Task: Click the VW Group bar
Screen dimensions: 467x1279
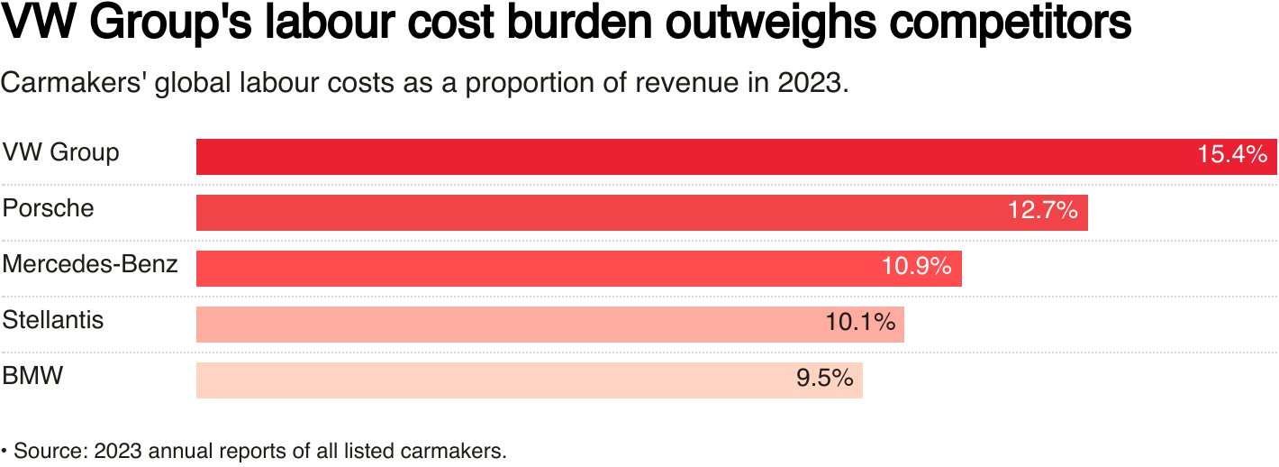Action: pyautogui.click(x=685, y=156)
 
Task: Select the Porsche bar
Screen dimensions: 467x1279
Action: pyautogui.click(x=594, y=213)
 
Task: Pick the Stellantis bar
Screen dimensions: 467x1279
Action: pyautogui.click(x=504, y=325)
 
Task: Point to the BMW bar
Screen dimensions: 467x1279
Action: pyautogui.click(x=486, y=380)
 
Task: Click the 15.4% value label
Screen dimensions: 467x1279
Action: pyautogui.click(x=1231, y=154)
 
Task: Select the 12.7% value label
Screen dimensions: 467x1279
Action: pyautogui.click(x=1042, y=211)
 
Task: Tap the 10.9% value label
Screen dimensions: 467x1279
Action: pyautogui.click(x=916, y=267)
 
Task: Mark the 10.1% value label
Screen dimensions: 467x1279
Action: pyautogui.click(x=859, y=322)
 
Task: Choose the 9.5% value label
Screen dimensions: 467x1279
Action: pyautogui.click(x=824, y=379)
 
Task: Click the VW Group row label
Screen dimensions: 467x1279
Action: pyautogui.click(x=60, y=152)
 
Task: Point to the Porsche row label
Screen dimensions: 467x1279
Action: pyautogui.click(x=48, y=208)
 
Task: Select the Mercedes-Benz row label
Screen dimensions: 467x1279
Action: pyautogui.click(x=90, y=264)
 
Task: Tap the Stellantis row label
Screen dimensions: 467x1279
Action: pyautogui.click(x=53, y=320)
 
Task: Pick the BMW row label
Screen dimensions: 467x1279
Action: pyautogui.click(x=33, y=376)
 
